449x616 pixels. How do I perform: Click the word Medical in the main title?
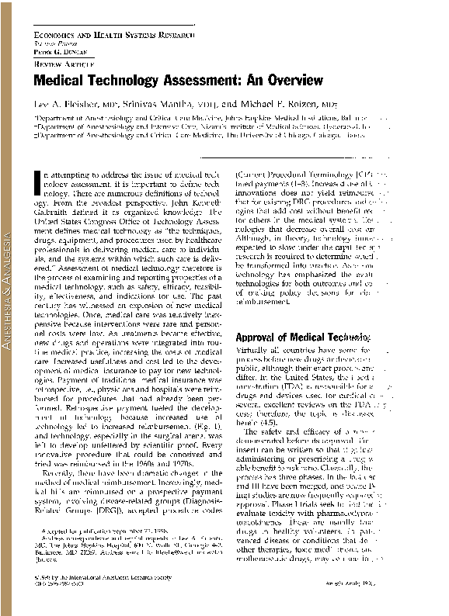(x=62, y=79)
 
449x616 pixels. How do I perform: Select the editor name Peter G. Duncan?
(x=57, y=52)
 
